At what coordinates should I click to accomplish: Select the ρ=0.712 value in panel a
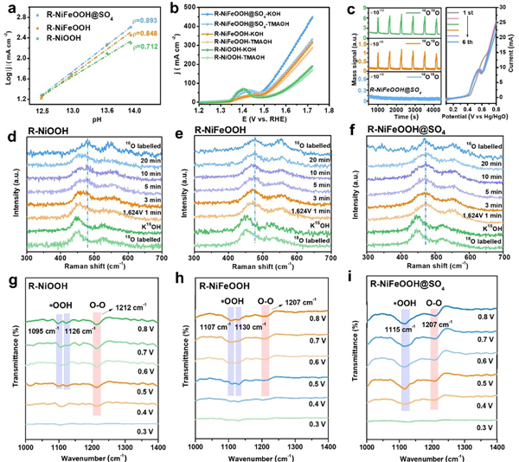click(x=150, y=69)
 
